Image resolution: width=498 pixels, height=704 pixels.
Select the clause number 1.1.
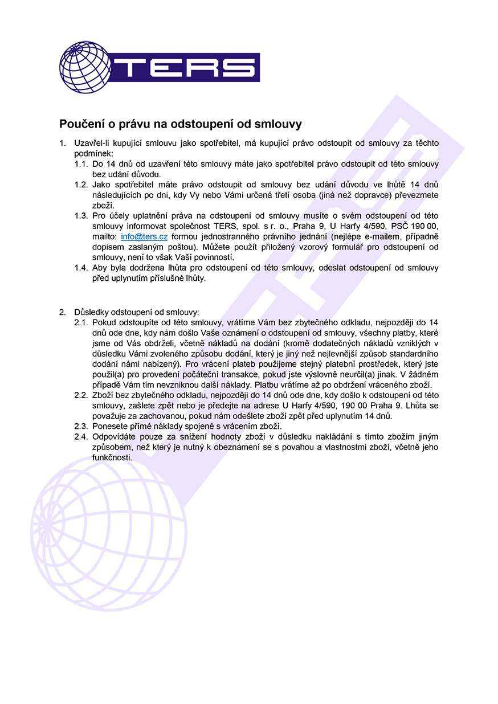click(x=81, y=164)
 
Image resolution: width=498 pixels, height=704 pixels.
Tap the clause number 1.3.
click(x=81, y=216)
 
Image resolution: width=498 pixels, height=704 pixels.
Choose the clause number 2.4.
click(x=81, y=437)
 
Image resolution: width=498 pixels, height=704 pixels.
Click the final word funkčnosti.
click(x=112, y=457)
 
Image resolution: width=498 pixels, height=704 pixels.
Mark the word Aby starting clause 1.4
click(x=100, y=268)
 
